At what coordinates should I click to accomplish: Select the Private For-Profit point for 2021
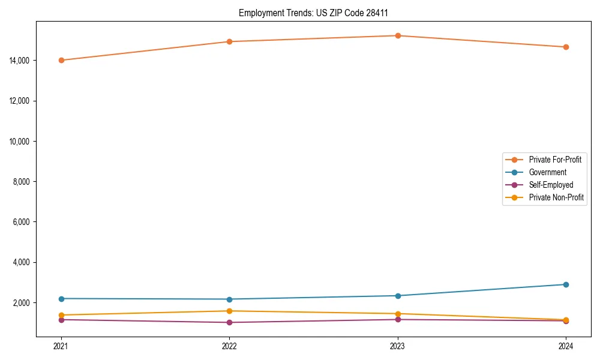[x=61, y=60]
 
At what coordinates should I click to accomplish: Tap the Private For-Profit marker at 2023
[x=398, y=35]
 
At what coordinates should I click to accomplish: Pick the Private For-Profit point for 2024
[x=566, y=47]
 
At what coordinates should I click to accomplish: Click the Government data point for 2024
[x=566, y=284]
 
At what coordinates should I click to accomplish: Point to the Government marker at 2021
[x=61, y=299]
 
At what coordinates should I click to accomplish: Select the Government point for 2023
[x=398, y=296]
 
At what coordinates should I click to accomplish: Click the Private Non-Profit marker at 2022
[x=229, y=311]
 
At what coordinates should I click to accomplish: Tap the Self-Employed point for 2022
[x=229, y=322]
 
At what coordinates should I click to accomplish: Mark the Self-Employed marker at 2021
[x=61, y=320]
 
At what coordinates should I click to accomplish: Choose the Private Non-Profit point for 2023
[x=398, y=314]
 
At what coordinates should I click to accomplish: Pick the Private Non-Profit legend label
[x=556, y=197]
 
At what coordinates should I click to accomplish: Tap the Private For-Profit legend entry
[x=554, y=160]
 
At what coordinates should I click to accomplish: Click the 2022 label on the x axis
[x=229, y=346]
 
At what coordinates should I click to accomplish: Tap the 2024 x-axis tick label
[x=566, y=346]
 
